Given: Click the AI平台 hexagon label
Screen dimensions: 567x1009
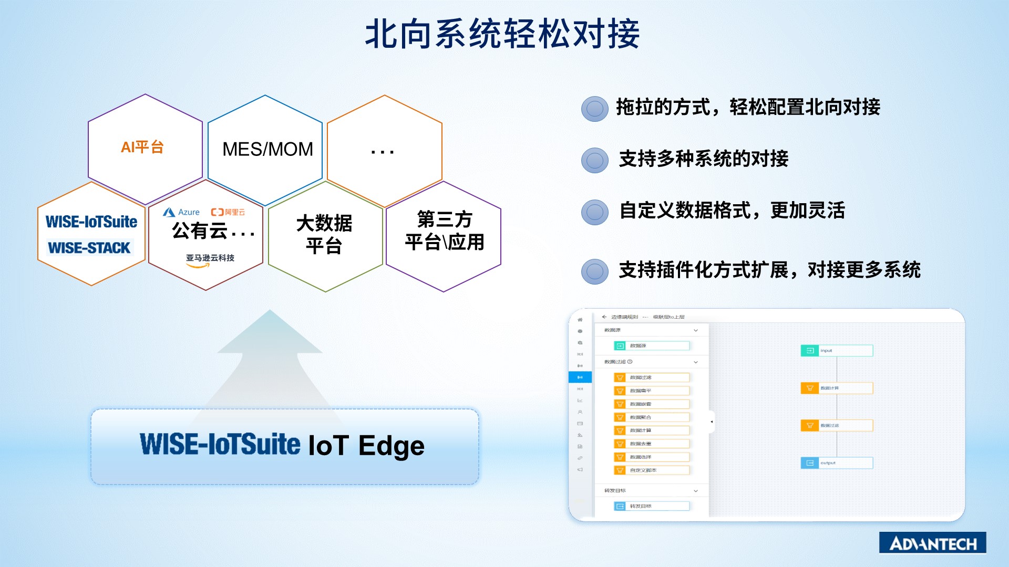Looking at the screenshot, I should pos(142,148).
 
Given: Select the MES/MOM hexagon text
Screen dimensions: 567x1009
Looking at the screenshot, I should pos(267,149).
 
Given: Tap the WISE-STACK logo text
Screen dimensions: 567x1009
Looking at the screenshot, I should pos(89,248).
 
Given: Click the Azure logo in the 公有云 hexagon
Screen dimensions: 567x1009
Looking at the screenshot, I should pos(181,212).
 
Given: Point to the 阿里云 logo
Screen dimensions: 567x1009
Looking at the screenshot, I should pos(228,212).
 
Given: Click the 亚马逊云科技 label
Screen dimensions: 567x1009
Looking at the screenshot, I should pos(210,258).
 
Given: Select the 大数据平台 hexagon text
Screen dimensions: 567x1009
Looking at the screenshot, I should pos(324,234).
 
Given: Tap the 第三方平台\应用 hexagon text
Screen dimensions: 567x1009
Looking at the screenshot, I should pos(445,231).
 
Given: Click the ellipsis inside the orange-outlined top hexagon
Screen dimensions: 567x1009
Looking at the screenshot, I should pos(382,152).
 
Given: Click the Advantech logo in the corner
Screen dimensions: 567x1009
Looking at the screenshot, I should pos(932,543).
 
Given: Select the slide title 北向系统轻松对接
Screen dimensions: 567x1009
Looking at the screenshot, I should pos(502,34).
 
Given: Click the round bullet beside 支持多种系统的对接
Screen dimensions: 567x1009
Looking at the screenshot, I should pos(595,160).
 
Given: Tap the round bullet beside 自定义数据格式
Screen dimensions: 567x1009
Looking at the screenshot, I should pos(595,212).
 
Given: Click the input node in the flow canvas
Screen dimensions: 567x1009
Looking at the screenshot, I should pos(836,350).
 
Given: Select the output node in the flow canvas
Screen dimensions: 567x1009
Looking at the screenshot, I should pos(836,463).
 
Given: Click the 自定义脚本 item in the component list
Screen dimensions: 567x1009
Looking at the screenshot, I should pos(651,470).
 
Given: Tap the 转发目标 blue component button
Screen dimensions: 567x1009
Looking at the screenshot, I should pos(651,506).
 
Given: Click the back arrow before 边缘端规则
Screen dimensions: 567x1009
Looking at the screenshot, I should pos(604,317).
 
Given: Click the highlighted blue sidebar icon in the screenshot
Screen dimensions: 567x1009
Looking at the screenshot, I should pos(580,377).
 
